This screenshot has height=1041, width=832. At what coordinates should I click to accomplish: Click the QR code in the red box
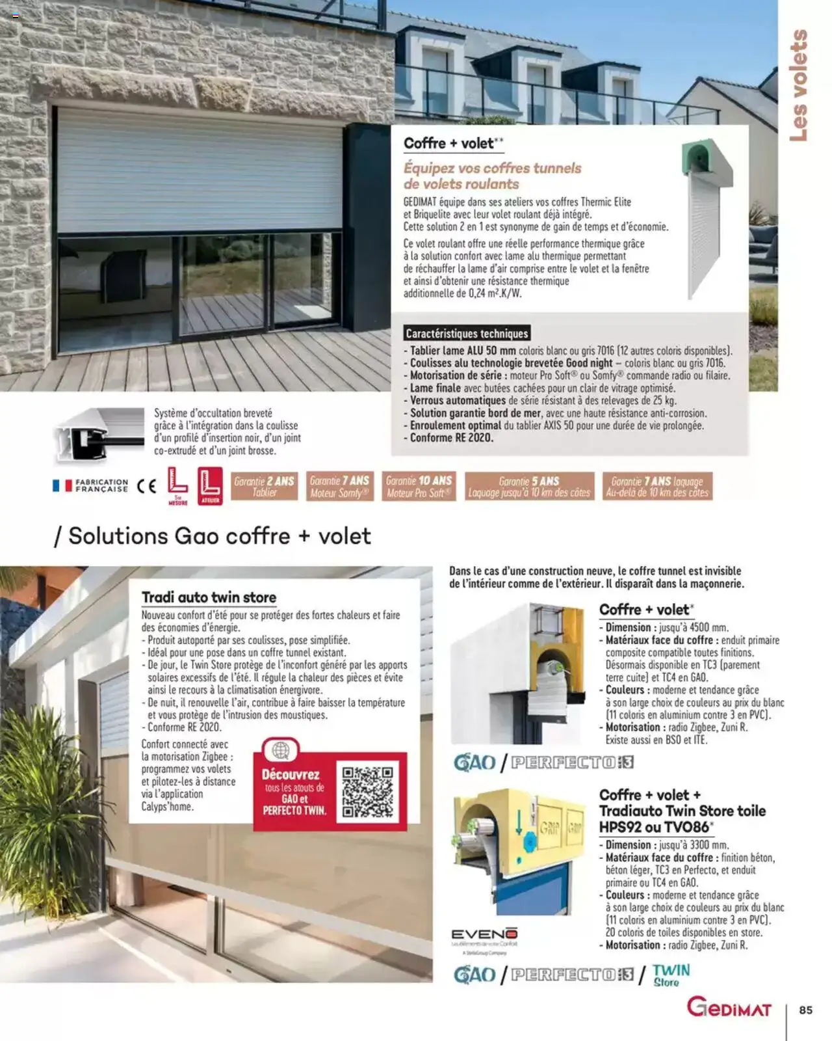pyautogui.click(x=367, y=791)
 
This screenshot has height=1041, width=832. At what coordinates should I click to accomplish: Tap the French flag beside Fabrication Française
pyautogui.click(x=62, y=486)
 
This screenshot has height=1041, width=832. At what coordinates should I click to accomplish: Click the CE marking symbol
pyautogui.click(x=147, y=486)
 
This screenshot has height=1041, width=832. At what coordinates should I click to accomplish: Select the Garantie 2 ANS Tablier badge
pyautogui.click(x=265, y=486)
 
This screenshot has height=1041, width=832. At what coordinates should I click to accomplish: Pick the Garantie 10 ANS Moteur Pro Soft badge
pyautogui.click(x=419, y=486)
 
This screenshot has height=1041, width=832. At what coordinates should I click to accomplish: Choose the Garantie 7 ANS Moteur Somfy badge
pyautogui.click(x=339, y=486)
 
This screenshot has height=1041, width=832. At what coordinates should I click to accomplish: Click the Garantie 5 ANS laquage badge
pyautogui.click(x=529, y=486)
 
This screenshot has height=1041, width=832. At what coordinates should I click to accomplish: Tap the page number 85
pyautogui.click(x=806, y=1010)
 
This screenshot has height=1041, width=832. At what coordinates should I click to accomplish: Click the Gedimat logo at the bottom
pyautogui.click(x=729, y=1008)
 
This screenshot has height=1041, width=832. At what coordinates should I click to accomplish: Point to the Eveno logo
pyautogui.click(x=484, y=933)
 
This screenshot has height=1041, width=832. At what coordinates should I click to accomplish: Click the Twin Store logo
pyautogui.click(x=671, y=975)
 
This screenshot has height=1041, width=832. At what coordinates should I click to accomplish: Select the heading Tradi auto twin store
pyautogui.click(x=209, y=597)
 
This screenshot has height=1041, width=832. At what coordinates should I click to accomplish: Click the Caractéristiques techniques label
pyautogui.click(x=467, y=333)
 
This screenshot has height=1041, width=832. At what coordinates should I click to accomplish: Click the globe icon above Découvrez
pyautogui.click(x=281, y=751)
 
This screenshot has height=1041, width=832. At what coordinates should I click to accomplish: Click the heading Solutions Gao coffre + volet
pyautogui.click(x=213, y=535)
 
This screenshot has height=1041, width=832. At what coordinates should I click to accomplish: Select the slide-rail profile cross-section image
pyautogui.click(x=99, y=435)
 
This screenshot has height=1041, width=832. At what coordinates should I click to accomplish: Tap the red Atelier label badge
pyautogui.click(x=210, y=486)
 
